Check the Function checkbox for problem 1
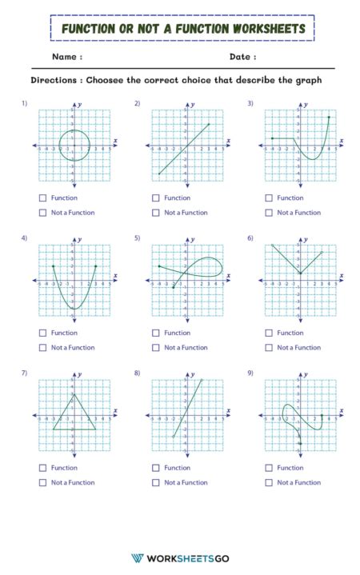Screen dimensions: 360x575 (42, 198)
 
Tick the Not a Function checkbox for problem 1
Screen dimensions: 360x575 (42, 213)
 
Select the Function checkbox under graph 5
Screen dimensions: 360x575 (155, 333)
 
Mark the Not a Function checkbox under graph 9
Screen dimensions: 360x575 (268, 482)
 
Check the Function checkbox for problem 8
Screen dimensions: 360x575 (155, 468)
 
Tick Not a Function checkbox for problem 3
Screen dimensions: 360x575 (268, 213)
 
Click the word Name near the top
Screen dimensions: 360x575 (65, 57)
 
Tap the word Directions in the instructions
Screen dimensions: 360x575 (55, 81)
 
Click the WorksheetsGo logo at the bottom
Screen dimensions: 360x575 (179, 557)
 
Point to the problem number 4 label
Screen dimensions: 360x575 (25, 238)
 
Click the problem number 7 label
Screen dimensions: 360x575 (25, 373)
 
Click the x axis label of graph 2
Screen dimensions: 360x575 (228, 141)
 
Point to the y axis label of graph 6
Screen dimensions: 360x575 (306, 239)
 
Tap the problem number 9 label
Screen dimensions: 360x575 (250, 373)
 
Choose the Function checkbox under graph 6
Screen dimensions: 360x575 (268, 333)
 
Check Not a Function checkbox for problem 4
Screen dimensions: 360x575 (42, 348)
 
